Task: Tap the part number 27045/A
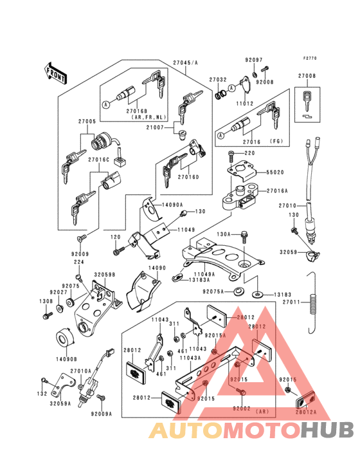185,62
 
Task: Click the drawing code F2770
310,58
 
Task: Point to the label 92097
254,60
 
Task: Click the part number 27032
218,80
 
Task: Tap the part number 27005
87,122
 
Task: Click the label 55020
276,173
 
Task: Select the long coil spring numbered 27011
313,303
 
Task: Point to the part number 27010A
80,371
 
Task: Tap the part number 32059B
105,275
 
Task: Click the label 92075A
213,291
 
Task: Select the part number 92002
242,409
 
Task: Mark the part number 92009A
101,414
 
